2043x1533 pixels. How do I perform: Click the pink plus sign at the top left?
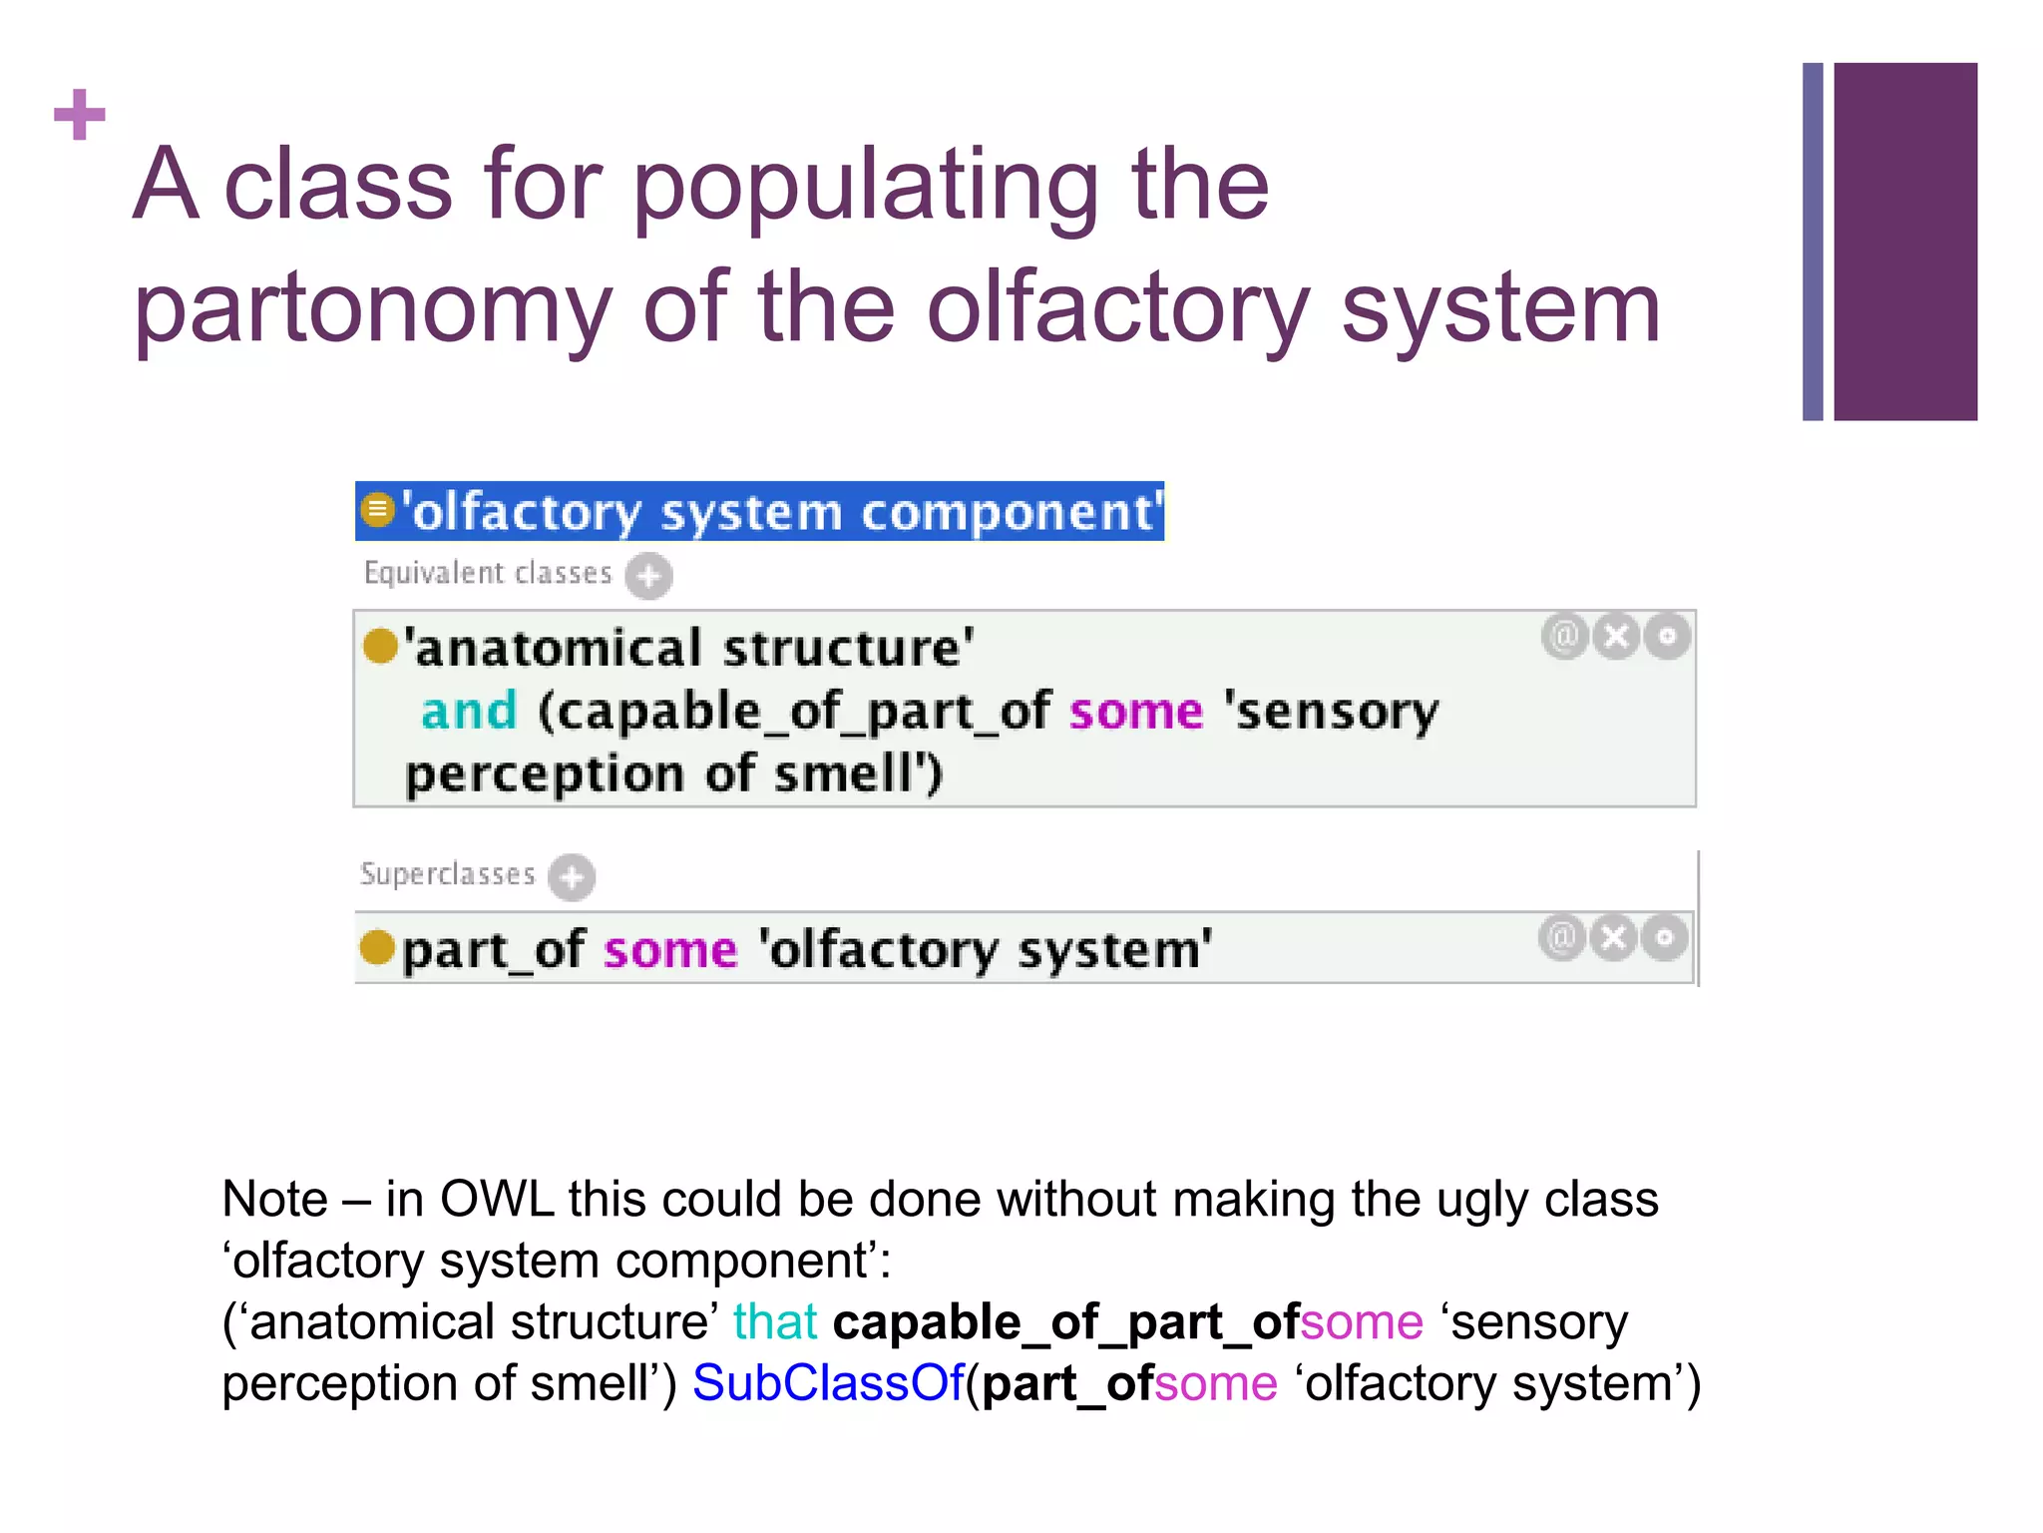(80, 115)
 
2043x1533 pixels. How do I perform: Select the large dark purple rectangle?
(1904, 241)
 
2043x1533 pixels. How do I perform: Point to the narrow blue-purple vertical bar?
(1812, 241)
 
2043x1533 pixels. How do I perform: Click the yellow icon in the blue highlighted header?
(377, 510)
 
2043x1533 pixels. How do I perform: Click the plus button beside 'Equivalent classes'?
(648, 576)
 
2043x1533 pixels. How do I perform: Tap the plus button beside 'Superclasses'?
(572, 877)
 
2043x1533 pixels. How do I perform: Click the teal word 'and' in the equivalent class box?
(469, 712)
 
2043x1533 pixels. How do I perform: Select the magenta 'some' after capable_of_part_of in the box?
(1136, 712)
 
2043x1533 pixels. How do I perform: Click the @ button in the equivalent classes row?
(1564, 636)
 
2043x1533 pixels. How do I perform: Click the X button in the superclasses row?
(1613, 937)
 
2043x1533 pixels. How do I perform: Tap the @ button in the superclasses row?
(1561, 937)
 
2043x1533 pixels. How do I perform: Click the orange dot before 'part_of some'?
(377, 947)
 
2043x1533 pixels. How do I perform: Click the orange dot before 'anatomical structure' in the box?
(380, 646)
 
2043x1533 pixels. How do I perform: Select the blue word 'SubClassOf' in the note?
(828, 1383)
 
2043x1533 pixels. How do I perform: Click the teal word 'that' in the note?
(775, 1322)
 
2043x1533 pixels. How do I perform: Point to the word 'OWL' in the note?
(496, 1199)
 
